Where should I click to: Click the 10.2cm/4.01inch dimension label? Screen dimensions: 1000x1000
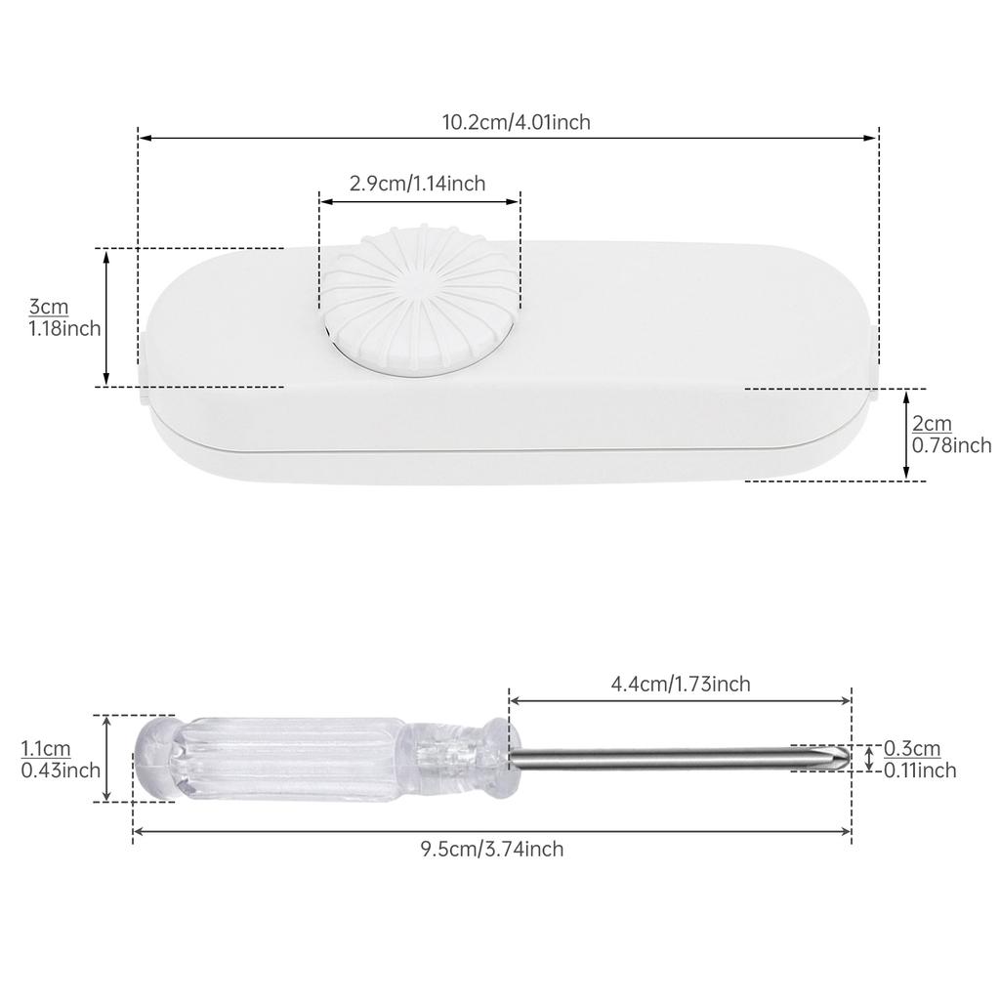516,123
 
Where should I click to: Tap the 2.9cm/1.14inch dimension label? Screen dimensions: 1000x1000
417,184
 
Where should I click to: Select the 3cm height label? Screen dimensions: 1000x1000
49,308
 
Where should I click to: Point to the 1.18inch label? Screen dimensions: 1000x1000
64,329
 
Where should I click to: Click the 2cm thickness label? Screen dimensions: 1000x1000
932,424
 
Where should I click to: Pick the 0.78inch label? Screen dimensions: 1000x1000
951,445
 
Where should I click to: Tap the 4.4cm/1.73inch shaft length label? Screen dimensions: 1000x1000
681,685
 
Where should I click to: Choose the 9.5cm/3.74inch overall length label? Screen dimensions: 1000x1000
492,850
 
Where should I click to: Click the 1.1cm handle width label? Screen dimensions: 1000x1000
44,749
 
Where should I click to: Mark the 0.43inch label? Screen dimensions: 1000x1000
61,770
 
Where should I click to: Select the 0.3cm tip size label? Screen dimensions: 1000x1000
912,749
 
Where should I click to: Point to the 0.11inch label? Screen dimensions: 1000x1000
920,771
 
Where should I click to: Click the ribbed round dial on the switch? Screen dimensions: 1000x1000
420,298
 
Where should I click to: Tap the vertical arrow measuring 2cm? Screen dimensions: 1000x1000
906,435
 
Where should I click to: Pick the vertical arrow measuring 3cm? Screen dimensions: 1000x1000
107,317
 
